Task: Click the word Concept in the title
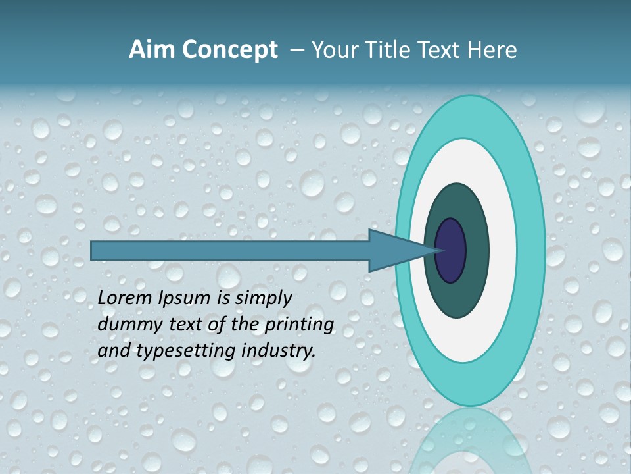[x=231, y=50]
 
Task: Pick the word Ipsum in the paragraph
[x=185, y=298]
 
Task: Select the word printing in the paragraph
[x=299, y=325]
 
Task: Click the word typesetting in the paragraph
[x=176, y=351]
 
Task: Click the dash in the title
[x=296, y=50]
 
